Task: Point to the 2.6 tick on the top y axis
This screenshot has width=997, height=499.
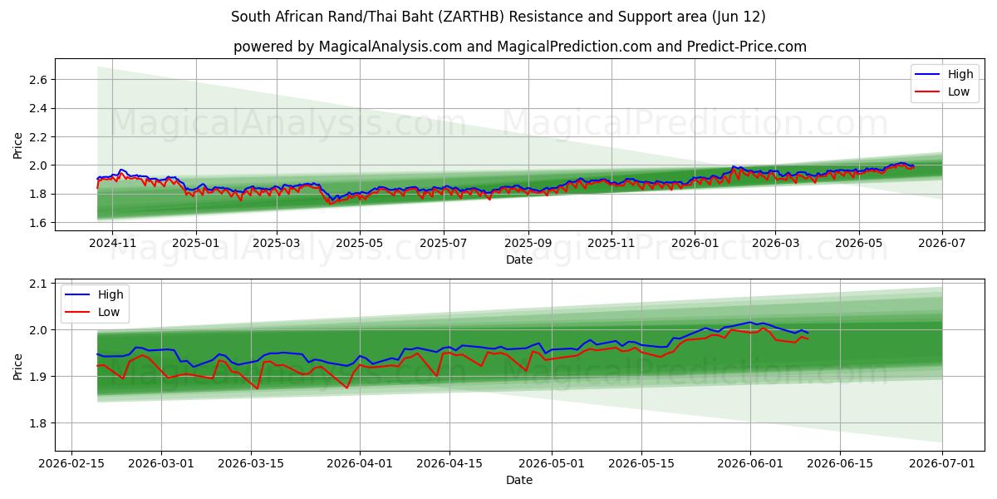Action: tap(38, 80)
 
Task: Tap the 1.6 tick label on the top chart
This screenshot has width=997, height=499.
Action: tap(38, 223)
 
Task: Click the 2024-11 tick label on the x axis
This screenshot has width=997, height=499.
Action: tap(112, 243)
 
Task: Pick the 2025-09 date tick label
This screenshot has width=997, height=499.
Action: tap(528, 243)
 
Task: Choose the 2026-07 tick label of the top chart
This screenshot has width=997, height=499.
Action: tap(942, 243)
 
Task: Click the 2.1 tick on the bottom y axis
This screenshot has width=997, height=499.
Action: tap(38, 284)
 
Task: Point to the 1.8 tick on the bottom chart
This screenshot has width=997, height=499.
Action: tap(38, 423)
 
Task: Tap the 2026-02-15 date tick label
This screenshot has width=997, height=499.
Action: tap(71, 464)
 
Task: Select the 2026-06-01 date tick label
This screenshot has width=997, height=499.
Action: tap(750, 464)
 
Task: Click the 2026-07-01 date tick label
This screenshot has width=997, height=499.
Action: tap(942, 464)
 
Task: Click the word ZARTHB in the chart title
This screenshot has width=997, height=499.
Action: tap(471, 17)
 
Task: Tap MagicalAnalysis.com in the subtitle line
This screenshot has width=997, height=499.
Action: tap(390, 47)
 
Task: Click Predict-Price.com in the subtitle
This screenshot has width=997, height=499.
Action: tap(746, 47)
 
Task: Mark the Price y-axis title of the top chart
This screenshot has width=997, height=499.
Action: tap(17, 146)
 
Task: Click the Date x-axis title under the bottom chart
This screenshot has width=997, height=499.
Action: tap(519, 481)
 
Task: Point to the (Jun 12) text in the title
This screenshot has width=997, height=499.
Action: tap(739, 17)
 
